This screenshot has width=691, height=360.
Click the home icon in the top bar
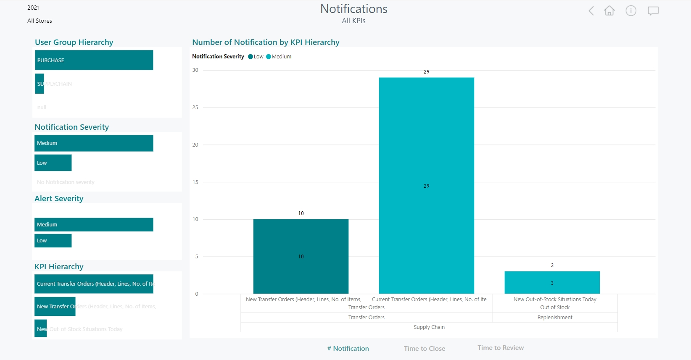pyautogui.click(x=609, y=11)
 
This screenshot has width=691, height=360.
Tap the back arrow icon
pyautogui.click(x=591, y=11)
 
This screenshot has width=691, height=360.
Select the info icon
pyautogui.click(x=631, y=11)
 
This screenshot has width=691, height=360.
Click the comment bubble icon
pyautogui.click(x=653, y=11)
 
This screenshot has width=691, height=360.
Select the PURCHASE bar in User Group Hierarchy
pyautogui.click(x=94, y=60)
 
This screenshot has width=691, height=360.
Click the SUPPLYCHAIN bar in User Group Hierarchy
pyautogui.click(x=40, y=84)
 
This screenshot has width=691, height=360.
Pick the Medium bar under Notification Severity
pyautogui.click(x=94, y=143)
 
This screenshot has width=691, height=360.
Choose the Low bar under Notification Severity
pyautogui.click(x=53, y=163)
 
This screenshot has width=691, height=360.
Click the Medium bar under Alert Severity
pyautogui.click(x=94, y=225)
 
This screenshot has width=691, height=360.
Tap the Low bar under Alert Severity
pyautogui.click(x=53, y=241)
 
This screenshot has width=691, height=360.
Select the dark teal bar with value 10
pyautogui.click(x=301, y=256)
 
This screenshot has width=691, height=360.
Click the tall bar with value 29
pyautogui.click(x=426, y=185)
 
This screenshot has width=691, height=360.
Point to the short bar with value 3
pyautogui.click(x=552, y=283)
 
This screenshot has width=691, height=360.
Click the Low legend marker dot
pyautogui.click(x=251, y=57)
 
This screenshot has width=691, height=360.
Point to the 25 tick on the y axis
pyautogui.click(x=195, y=108)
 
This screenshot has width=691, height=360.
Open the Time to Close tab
pyautogui.click(x=424, y=348)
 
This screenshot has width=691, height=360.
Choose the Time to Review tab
pyautogui.click(x=500, y=348)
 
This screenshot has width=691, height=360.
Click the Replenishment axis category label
pyautogui.click(x=554, y=318)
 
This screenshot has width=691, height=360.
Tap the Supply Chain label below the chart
pyautogui.click(x=429, y=327)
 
